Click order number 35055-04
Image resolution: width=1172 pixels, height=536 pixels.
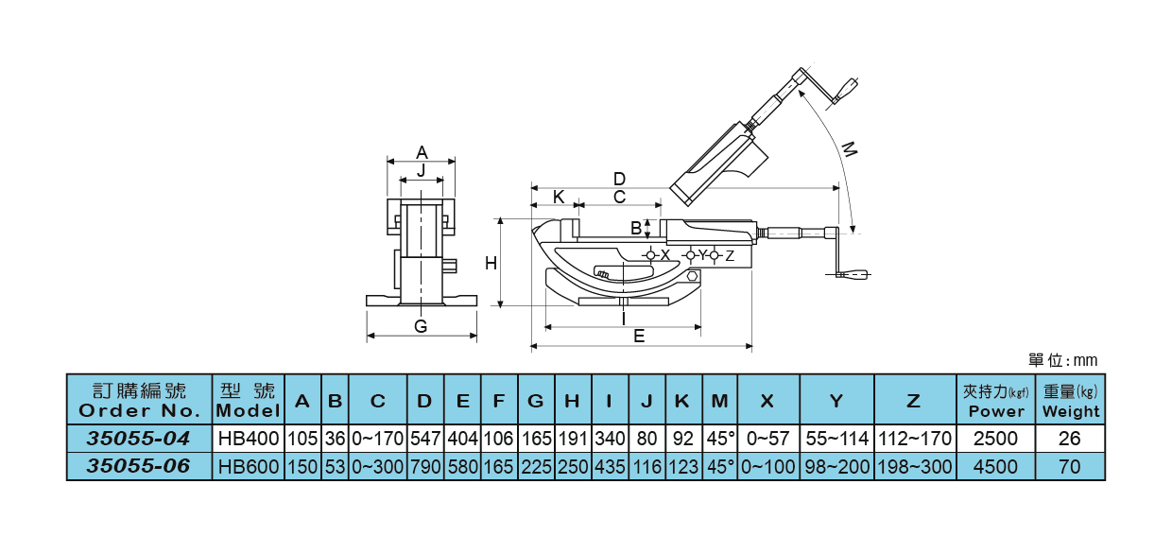tap(138, 438)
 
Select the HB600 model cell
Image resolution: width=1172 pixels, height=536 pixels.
tap(249, 466)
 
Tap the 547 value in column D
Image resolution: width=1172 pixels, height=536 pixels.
tap(425, 438)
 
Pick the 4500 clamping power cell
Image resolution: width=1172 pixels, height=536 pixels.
tap(995, 466)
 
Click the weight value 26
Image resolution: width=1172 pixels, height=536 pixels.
tap(1070, 438)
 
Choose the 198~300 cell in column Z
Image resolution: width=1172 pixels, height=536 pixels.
tap(915, 466)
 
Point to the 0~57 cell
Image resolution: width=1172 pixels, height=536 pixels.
tap(767, 438)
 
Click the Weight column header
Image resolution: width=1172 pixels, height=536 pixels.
tap(1071, 411)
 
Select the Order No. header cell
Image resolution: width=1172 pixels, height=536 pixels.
tap(139, 400)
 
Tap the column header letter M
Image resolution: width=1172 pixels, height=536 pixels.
tap(720, 401)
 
